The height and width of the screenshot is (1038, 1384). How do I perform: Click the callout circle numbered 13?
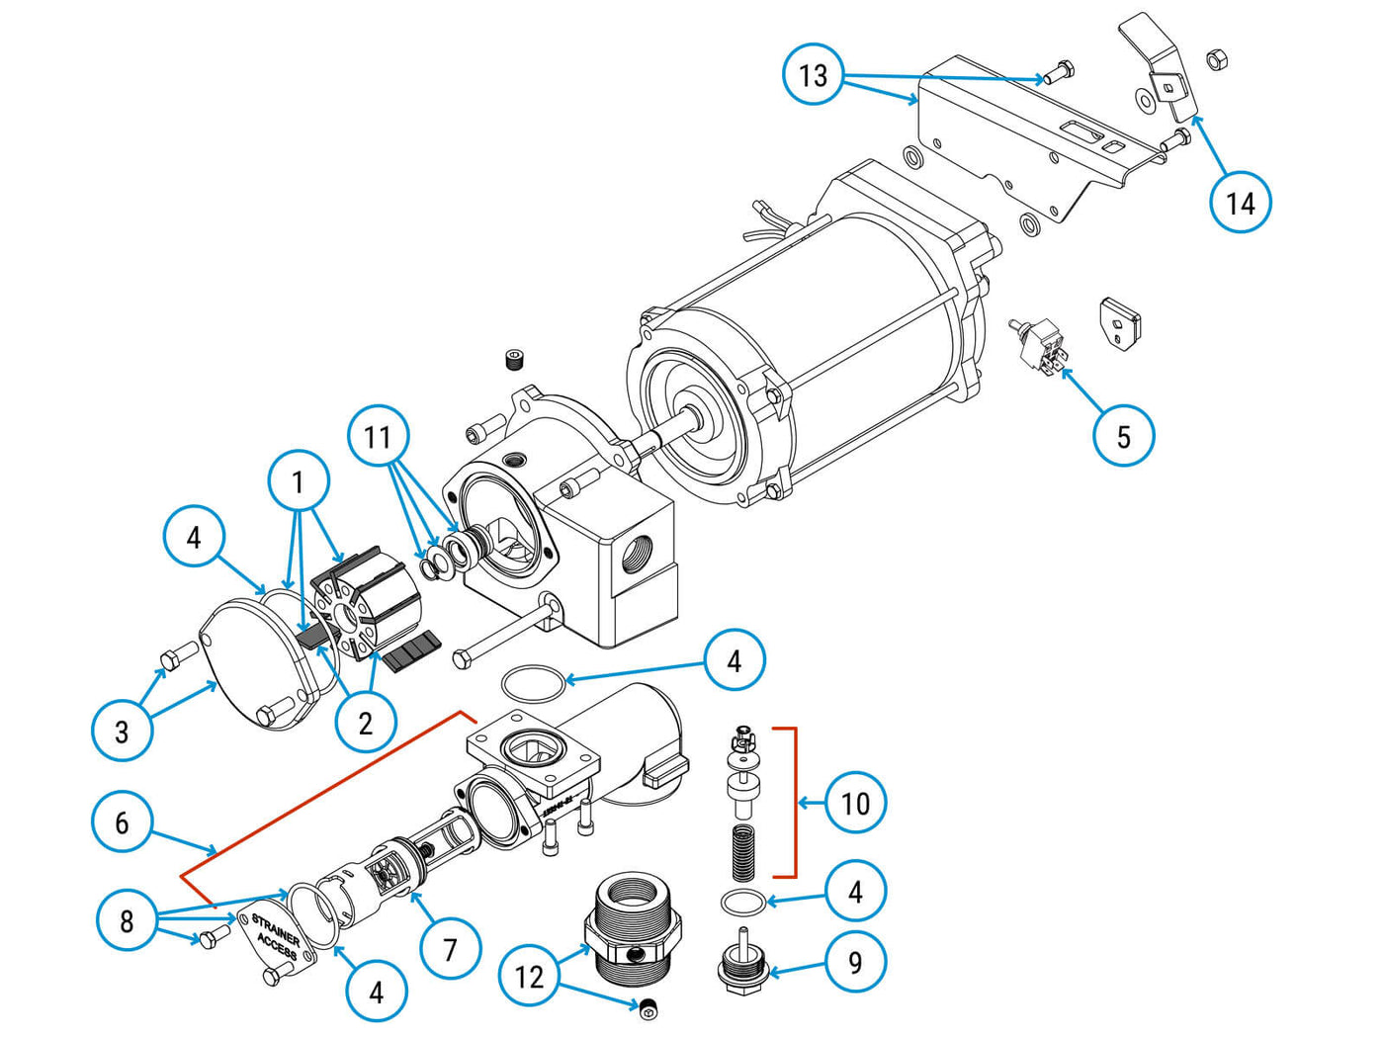(813, 75)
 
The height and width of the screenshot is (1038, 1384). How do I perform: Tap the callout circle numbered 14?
(1240, 203)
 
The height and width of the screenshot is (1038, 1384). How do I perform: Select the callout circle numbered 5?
(1123, 436)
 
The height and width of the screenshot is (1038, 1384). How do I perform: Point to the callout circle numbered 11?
(378, 436)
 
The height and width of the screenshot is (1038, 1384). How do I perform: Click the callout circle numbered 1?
(298, 481)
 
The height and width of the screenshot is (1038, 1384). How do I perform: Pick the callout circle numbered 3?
(122, 732)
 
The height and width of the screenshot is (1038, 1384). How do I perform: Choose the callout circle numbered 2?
(365, 723)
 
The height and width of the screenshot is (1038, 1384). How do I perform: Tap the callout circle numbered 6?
(122, 822)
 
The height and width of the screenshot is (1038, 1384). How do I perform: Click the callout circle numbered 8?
(127, 921)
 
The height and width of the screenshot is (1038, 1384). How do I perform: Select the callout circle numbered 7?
(450, 950)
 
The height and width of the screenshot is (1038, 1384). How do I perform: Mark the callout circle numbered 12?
(529, 977)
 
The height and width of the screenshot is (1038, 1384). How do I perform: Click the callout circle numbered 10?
(855, 803)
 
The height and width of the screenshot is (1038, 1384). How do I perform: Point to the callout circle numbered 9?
(855, 962)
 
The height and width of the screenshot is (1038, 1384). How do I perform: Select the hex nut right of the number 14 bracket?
(1217, 59)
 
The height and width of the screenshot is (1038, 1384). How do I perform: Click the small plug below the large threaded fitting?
(649, 1007)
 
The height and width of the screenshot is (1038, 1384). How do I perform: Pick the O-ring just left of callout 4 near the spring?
(741, 902)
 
